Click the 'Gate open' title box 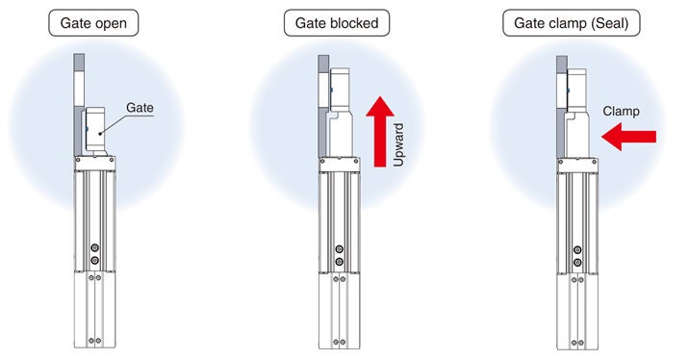tap(88, 21)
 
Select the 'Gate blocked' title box tap(331, 21)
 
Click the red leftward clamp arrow tap(628, 140)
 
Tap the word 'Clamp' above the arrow tap(623, 112)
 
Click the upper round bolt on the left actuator tap(94, 249)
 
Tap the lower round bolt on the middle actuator tap(338, 261)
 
